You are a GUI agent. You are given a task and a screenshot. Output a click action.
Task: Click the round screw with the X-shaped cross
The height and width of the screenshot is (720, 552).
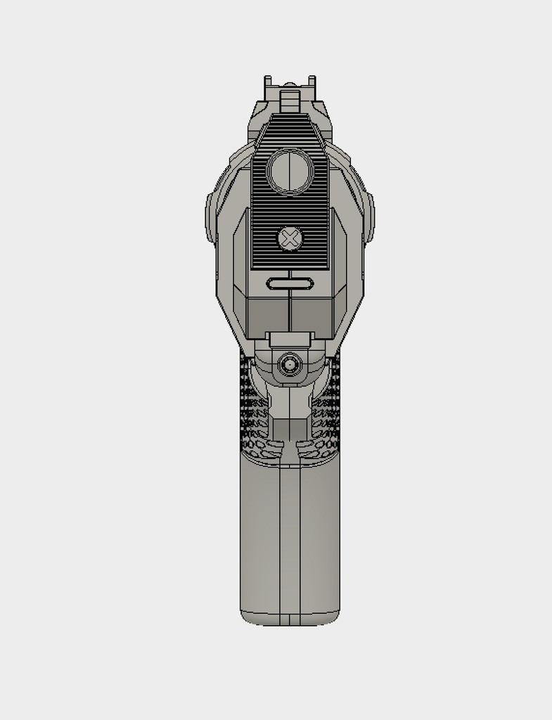(x=289, y=239)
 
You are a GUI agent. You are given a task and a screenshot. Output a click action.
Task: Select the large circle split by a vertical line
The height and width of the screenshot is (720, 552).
(x=289, y=172)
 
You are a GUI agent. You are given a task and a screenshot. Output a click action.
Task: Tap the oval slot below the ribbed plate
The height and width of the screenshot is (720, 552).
(x=289, y=283)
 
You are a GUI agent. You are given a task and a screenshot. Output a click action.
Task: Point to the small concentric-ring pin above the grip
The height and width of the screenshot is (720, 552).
(x=289, y=364)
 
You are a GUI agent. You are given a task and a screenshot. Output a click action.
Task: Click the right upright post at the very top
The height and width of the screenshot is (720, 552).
(x=310, y=88)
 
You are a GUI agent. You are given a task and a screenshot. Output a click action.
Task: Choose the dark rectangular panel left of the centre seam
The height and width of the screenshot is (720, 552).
(x=267, y=313)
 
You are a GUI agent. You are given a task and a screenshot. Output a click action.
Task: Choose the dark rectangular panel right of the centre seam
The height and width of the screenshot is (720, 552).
(x=311, y=313)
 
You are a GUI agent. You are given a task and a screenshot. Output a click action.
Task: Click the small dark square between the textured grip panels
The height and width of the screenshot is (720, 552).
(x=289, y=429)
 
